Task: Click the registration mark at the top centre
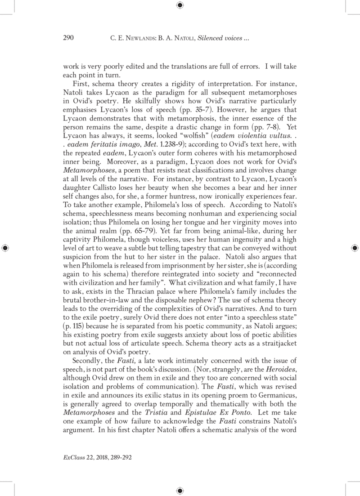[x=180, y=5]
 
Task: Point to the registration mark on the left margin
[x=5, y=248]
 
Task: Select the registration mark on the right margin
[x=354, y=248]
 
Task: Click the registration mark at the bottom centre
[x=180, y=490]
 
